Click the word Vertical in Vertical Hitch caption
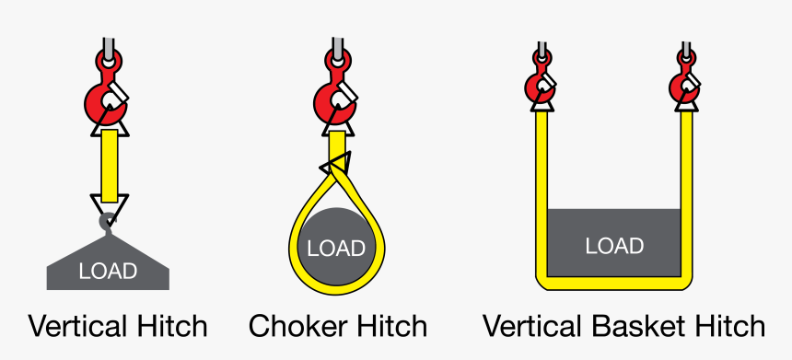76,326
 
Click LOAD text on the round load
336,248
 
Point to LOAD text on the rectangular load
614,246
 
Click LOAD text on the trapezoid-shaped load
108,271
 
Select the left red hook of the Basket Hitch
540,85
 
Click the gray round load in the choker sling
336,230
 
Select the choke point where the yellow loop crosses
335,166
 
